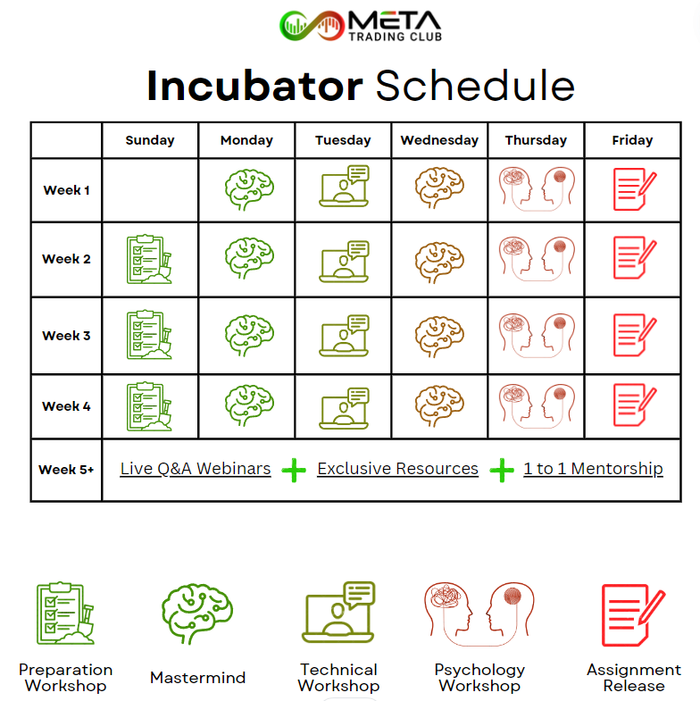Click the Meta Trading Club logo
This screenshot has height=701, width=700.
pyautogui.click(x=361, y=26)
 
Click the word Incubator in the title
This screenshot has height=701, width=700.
pyautogui.click(x=254, y=86)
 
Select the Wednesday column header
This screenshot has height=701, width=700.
pyautogui.click(x=439, y=140)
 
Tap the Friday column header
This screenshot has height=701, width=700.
pyautogui.click(x=632, y=140)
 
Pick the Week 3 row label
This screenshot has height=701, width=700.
pyautogui.click(x=66, y=336)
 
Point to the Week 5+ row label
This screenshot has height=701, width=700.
pyautogui.click(x=66, y=470)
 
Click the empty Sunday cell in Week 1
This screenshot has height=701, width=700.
pyautogui.click(x=150, y=190)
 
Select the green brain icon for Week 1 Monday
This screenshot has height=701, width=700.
pyautogui.click(x=249, y=189)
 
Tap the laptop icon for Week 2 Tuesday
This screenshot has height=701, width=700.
pyautogui.click(x=344, y=262)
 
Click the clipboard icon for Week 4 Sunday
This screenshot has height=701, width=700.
pyautogui.click(x=149, y=406)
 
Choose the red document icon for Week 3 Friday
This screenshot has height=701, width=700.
pyautogui.click(x=635, y=335)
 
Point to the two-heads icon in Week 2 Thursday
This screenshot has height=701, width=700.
pyautogui.click(x=537, y=259)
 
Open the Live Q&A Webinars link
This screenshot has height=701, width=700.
pyautogui.click(x=196, y=469)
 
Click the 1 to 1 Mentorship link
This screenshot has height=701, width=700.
pyautogui.click(x=593, y=469)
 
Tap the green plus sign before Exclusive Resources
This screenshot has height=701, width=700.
pyautogui.click(x=294, y=471)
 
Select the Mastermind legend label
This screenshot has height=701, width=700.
pyautogui.click(x=197, y=678)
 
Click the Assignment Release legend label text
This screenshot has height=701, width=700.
pyautogui.click(x=634, y=678)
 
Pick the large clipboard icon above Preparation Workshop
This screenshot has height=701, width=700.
pyautogui.click(x=66, y=613)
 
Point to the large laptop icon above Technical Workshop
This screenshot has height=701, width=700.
pyautogui.click(x=338, y=612)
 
